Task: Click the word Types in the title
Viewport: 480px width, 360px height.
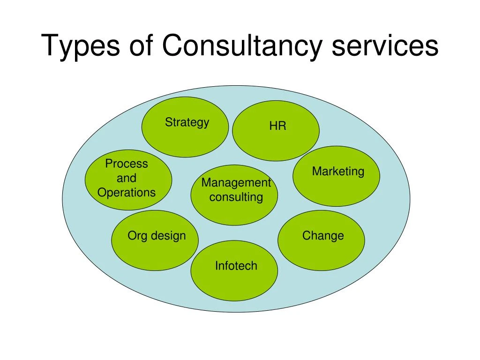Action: [x=81, y=46]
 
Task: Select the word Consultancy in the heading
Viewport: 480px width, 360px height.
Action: [x=242, y=46]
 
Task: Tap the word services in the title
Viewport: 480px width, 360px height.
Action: [x=385, y=46]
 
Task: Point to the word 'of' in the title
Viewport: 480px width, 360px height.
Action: [x=141, y=45]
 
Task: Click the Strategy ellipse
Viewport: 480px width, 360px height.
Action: [x=185, y=127]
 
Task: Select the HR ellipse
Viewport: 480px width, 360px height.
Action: [x=276, y=131]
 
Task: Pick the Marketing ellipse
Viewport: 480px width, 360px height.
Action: [x=337, y=176]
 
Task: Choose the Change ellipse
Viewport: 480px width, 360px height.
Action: [x=321, y=240]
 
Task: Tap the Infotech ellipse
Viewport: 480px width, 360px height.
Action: [x=234, y=270]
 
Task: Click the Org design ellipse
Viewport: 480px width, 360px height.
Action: [x=155, y=240]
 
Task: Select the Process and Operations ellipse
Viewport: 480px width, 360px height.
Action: [x=128, y=180]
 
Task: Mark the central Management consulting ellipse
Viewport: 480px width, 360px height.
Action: [x=234, y=195]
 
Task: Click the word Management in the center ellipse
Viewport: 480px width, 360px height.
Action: [x=236, y=183]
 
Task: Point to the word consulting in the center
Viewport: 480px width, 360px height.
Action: [x=236, y=197]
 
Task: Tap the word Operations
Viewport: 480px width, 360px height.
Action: [x=127, y=193]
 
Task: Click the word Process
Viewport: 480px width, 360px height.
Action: [x=127, y=164]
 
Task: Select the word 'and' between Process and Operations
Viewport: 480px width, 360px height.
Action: [x=127, y=178]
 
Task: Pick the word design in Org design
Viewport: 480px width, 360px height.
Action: [x=168, y=236]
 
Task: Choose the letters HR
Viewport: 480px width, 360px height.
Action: [x=277, y=126]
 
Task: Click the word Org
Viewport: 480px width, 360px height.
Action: [x=137, y=236]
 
